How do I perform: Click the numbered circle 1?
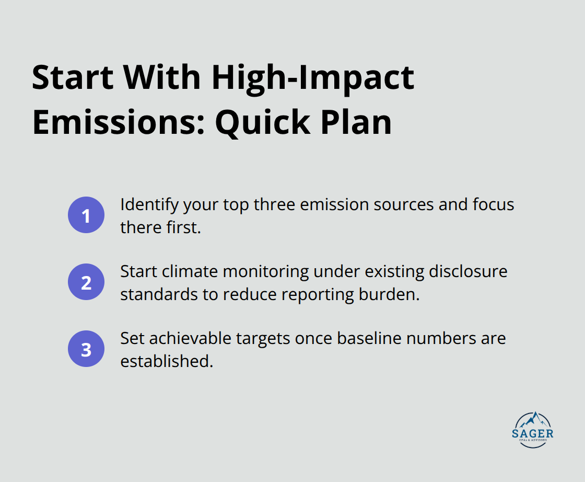(x=86, y=215)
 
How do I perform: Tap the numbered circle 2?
(x=86, y=282)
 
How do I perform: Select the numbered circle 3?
(x=86, y=349)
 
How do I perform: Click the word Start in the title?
(x=72, y=78)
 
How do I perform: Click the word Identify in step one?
(x=149, y=204)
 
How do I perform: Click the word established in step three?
(x=166, y=361)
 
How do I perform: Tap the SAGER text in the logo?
(x=533, y=434)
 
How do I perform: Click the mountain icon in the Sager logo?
(x=533, y=420)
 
